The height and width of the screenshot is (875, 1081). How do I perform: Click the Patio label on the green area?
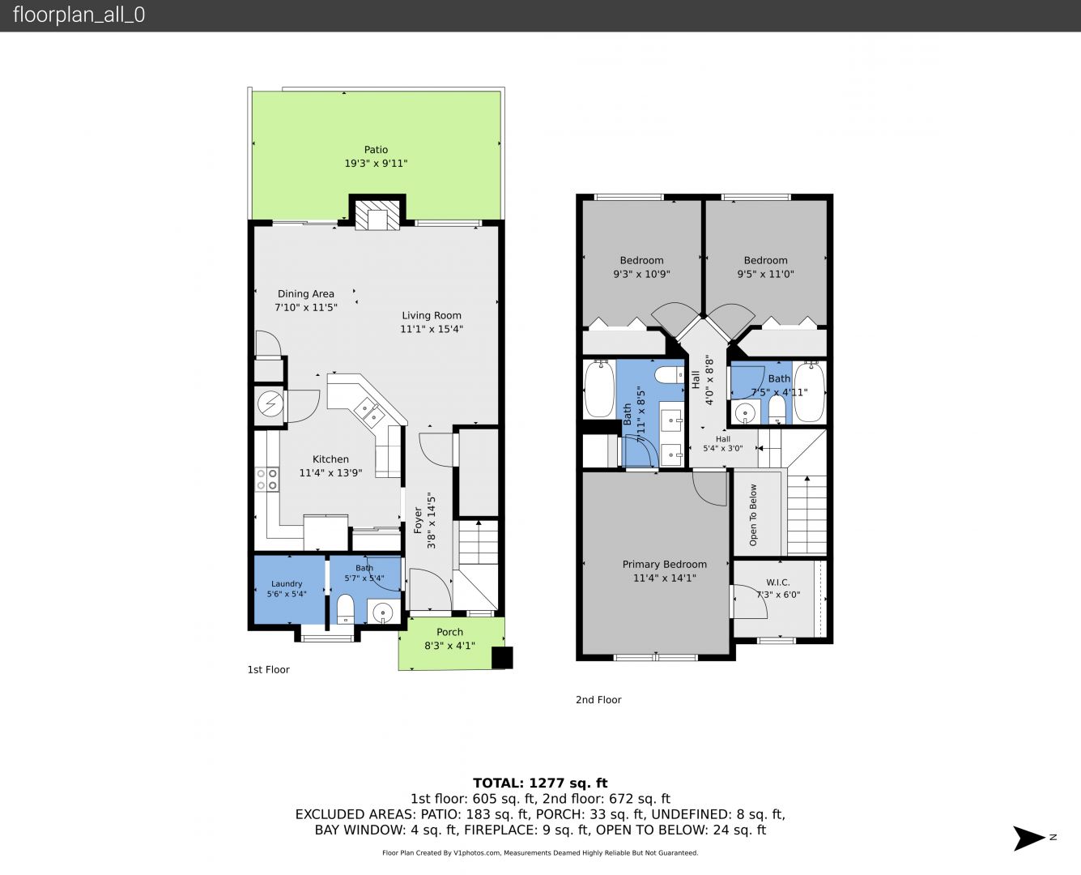pos(376,150)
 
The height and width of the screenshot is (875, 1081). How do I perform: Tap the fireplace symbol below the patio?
pos(377,216)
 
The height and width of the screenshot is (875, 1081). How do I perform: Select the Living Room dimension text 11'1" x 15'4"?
pos(432,329)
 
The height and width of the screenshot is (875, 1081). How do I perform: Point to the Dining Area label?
pos(305,293)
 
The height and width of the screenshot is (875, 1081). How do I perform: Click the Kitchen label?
pos(330,459)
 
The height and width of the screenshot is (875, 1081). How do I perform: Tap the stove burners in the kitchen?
pos(266,480)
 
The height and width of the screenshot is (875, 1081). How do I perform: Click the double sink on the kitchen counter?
pos(369,412)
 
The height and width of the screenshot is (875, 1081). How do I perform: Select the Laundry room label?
pos(286,584)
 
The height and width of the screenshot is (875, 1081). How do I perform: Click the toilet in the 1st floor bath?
pos(345,608)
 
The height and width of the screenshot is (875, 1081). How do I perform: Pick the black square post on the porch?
pos(502,658)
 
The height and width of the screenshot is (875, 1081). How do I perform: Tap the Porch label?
pos(449,632)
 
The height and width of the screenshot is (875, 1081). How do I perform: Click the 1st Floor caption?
pos(269,670)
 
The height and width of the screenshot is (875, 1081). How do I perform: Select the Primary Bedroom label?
pos(664,564)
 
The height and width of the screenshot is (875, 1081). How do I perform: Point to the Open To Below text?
pos(753,515)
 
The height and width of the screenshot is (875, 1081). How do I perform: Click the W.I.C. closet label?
pos(778,583)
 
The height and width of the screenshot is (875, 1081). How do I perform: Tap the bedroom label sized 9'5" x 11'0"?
pos(765,261)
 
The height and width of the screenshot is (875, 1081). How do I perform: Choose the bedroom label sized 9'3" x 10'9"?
pos(641,261)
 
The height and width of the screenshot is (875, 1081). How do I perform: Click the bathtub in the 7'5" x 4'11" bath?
pos(809,392)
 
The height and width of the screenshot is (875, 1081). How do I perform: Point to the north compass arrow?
pos(1029,838)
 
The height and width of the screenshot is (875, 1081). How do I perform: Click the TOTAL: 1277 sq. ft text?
pos(540,783)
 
